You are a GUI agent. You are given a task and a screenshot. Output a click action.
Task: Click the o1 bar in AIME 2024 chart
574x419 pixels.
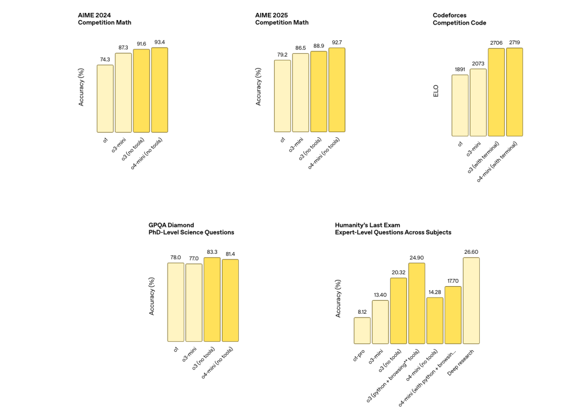pos(105,99)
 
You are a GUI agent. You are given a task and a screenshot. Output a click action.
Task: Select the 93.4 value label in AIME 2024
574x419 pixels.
pos(160,42)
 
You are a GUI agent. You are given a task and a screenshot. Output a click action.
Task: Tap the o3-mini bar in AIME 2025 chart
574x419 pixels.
pos(300,92)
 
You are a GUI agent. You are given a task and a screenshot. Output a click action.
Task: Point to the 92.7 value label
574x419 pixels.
pos(337,42)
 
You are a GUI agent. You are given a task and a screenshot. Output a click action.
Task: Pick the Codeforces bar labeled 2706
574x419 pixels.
pos(497,92)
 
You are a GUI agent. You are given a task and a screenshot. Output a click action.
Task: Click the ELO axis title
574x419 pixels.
pos(436,91)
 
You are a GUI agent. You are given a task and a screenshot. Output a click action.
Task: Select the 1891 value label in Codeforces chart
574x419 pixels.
pos(460,70)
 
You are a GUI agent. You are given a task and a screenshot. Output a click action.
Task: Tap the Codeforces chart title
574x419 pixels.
pos(459,18)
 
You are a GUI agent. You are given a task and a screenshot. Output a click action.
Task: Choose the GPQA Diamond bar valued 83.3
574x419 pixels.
pos(212,300)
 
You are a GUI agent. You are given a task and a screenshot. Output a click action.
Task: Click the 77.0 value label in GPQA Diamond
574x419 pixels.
pos(194,258)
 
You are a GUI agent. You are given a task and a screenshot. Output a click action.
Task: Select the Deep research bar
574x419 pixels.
pos(471,301)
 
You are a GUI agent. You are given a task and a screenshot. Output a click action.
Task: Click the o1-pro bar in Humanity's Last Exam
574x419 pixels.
pos(362,330)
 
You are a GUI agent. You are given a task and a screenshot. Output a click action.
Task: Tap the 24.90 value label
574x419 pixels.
pos(416,258)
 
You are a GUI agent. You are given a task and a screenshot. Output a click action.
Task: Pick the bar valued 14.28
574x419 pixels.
pos(434,320)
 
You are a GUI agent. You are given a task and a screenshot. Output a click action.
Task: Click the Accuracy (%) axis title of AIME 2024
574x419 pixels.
pos(81,87)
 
